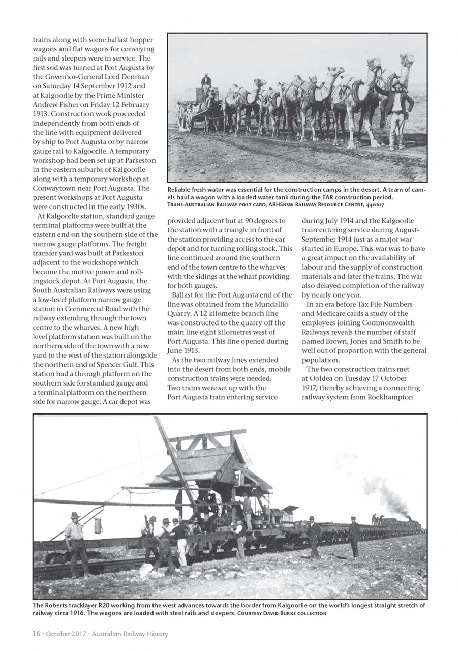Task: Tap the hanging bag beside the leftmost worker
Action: (98, 525)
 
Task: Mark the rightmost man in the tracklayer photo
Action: (354, 536)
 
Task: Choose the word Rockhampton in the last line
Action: (398, 396)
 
